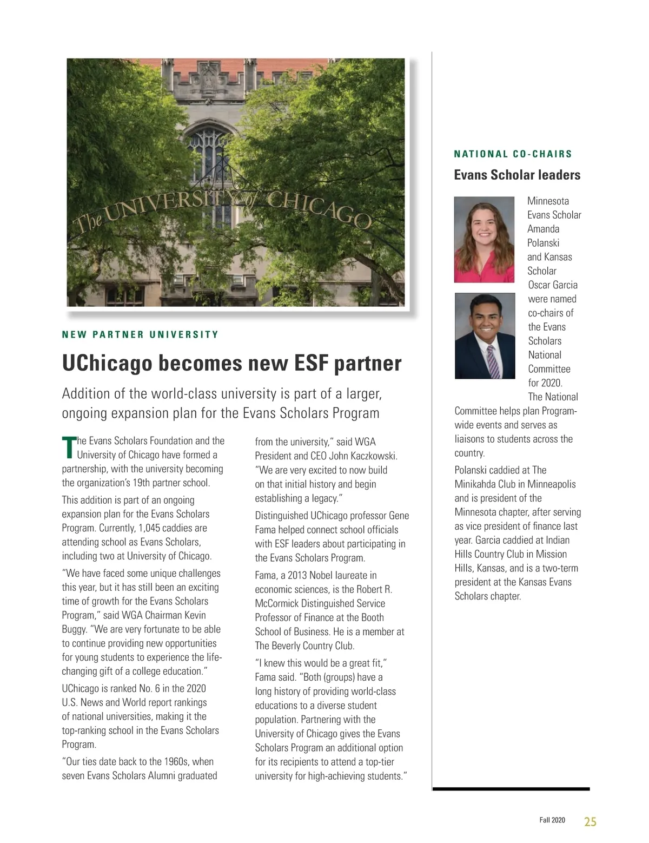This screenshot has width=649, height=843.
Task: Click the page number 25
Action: coord(590,821)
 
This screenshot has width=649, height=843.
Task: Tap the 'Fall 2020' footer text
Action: coord(552,820)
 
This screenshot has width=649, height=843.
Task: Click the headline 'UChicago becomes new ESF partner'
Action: coord(231,363)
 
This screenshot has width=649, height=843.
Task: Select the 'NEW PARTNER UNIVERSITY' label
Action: coord(140,334)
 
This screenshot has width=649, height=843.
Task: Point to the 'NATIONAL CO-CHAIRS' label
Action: coord(513,154)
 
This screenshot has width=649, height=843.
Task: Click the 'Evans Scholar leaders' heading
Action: coord(517,175)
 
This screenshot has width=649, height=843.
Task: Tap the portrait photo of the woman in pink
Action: coord(484,239)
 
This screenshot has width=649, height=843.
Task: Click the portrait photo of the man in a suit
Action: coord(484,335)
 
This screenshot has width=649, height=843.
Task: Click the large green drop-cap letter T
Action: coord(68,446)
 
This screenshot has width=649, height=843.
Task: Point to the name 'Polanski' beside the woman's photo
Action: coord(543,243)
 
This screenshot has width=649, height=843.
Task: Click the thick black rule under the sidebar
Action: coord(511,789)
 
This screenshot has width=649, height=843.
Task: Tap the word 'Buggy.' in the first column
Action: coord(76,629)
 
